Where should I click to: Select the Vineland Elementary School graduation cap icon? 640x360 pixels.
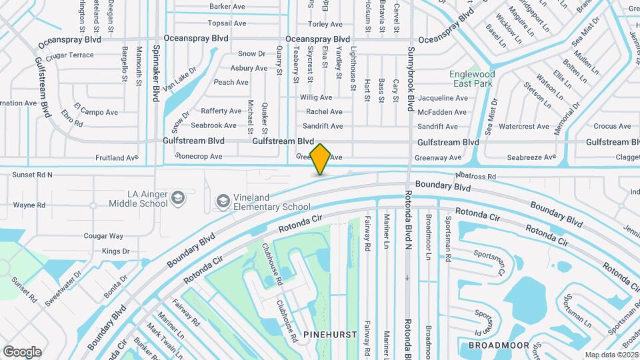tap(222, 201)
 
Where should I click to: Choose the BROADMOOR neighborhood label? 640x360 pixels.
tap(499, 345)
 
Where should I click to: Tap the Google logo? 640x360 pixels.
tap(22, 352)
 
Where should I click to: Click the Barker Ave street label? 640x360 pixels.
tap(227, 7)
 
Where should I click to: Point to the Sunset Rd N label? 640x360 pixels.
tap(32, 175)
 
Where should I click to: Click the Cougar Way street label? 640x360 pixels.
tap(103, 236)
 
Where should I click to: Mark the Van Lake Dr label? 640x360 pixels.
tap(180, 79)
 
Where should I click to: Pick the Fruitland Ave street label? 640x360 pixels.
tap(116, 158)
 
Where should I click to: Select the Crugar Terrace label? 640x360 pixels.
tap(70, 55)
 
